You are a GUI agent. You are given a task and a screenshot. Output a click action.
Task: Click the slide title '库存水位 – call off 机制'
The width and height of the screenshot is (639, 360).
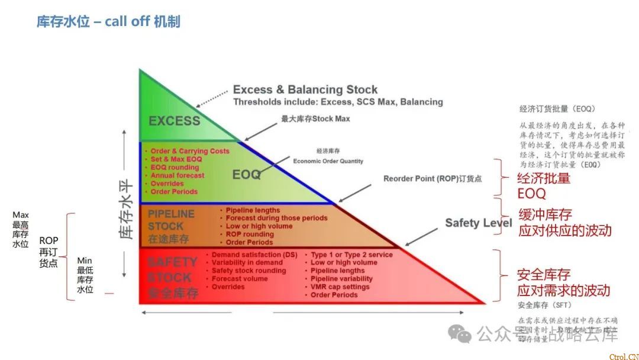click(x=108, y=22)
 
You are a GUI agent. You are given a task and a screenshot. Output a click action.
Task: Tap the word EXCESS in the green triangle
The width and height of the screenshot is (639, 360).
click(x=174, y=121)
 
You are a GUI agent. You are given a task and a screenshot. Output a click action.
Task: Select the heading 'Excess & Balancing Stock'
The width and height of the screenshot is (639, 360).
click(x=305, y=90)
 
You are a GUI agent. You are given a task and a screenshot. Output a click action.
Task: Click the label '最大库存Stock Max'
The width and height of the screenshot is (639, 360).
click(x=315, y=118)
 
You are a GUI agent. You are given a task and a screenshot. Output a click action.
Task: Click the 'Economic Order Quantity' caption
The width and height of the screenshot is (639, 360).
click(x=328, y=161)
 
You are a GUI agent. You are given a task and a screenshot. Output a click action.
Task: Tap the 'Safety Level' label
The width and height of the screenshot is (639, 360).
click(x=479, y=223)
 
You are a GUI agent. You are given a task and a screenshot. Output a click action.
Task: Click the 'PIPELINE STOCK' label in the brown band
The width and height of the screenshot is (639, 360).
click(x=170, y=220)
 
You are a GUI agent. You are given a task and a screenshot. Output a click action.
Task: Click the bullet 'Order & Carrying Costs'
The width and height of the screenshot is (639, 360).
click(x=189, y=152)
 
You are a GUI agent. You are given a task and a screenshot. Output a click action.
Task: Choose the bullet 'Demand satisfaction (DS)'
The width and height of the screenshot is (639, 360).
click(x=254, y=255)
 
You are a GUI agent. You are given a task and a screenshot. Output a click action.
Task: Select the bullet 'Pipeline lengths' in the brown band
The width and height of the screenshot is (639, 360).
click(x=253, y=210)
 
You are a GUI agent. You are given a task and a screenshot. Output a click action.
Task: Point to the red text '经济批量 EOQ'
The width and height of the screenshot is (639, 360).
click(x=544, y=186)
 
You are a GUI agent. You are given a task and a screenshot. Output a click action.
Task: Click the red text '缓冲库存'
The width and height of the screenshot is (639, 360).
click(x=545, y=214)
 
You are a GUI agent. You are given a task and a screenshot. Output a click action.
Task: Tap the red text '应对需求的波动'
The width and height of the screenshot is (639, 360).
click(x=563, y=291)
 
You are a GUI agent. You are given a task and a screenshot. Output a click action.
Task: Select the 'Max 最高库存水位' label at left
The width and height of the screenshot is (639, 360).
click(x=20, y=230)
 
